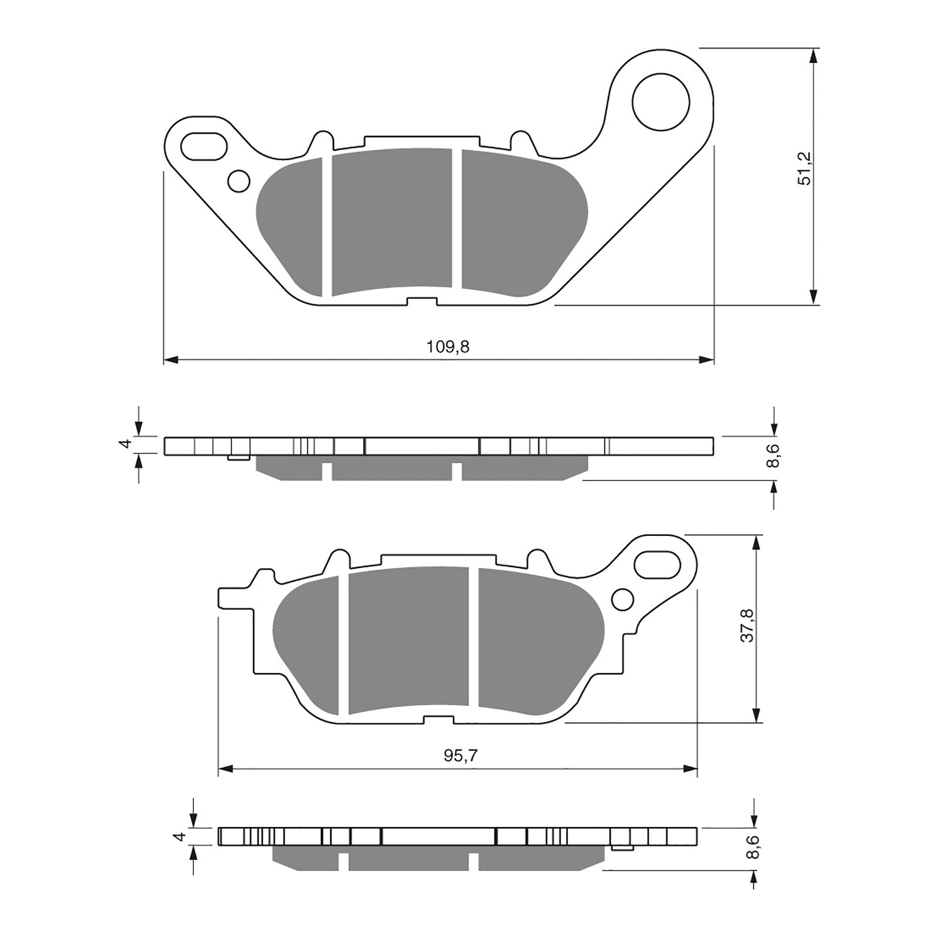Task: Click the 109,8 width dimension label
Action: point(447,347)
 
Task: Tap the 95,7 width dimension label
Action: point(460,756)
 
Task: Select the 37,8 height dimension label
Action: point(747,625)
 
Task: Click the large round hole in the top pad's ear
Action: point(661,102)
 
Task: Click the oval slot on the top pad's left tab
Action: point(203,146)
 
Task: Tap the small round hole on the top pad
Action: point(238,181)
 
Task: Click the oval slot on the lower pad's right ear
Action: point(660,565)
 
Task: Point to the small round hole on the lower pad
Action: point(623,600)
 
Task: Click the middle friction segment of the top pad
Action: point(392,220)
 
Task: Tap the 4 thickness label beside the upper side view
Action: point(124,444)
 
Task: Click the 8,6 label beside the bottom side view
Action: point(754,846)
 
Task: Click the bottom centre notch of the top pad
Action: point(422,302)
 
